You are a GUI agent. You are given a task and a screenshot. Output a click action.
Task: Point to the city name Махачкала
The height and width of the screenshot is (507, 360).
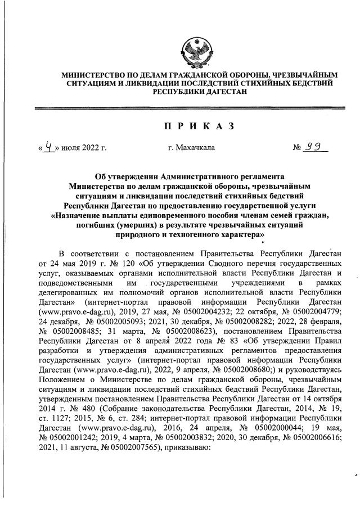[191, 149]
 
